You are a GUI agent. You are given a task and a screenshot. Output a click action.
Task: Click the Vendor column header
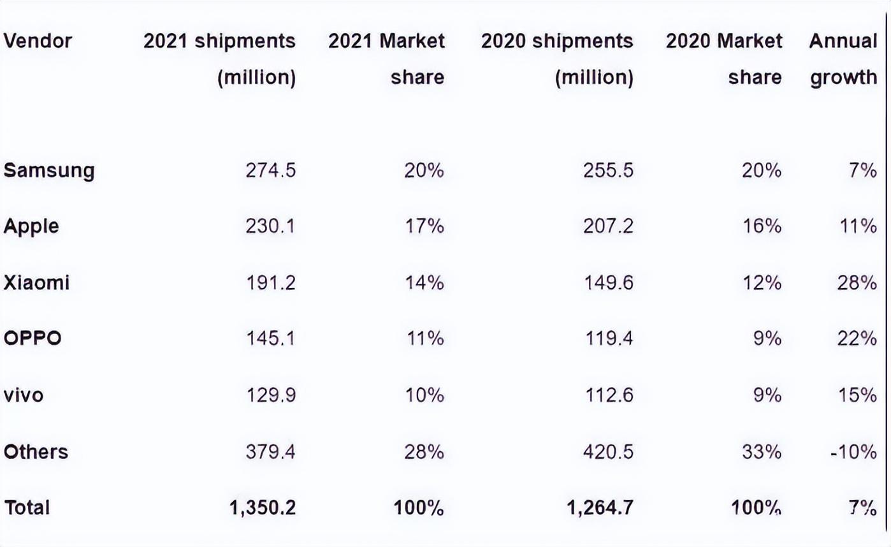click(38, 41)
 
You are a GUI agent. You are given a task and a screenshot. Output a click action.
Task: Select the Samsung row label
click(49, 171)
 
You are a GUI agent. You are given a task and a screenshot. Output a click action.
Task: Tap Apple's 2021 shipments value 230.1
click(270, 226)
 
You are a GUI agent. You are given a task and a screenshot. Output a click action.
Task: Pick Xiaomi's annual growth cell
click(857, 282)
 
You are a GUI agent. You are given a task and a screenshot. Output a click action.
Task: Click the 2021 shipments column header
click(219, 59)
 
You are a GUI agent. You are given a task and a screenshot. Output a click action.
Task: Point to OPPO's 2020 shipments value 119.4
click(609, 339)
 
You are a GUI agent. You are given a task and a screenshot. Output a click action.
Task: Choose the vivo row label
click(24, 395)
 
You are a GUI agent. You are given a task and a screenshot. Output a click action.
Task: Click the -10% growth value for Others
click(853, 452)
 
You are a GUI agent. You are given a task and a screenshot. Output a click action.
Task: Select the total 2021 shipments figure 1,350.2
click(263, 508)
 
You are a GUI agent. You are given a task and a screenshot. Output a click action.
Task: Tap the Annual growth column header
click(843, 59)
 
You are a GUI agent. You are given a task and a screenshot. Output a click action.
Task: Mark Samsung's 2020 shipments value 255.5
click(608, 171)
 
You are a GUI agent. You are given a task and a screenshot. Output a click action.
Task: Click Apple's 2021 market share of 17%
click(424, 226)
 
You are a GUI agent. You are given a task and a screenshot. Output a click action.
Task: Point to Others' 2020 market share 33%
click(762, 452)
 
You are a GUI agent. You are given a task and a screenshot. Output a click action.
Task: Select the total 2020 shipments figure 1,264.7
click(600, 508)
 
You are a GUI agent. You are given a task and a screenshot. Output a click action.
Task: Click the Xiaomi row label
click(36, 282)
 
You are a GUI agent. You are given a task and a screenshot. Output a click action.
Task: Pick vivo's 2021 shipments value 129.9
click(271, 395)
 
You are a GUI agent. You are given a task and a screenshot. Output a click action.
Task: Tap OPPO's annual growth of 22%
click(857, 339)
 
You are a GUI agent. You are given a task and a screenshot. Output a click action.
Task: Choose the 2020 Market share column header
click(723, 59)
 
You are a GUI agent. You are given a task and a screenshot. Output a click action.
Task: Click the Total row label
click(27, 508)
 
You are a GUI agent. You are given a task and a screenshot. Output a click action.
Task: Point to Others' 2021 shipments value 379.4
click(270, 452)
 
